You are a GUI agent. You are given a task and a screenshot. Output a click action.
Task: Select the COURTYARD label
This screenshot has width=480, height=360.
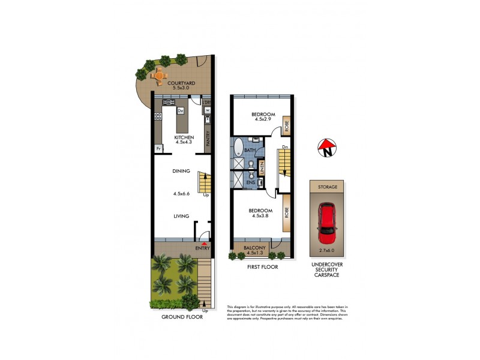179,83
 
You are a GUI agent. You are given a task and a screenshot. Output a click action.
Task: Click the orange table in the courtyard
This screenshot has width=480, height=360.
159,76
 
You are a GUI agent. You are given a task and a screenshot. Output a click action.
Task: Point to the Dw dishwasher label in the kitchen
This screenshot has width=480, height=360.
179,110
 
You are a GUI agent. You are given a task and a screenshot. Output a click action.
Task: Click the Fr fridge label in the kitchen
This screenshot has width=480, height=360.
159,148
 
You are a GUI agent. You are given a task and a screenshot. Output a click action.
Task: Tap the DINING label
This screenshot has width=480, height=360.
181,171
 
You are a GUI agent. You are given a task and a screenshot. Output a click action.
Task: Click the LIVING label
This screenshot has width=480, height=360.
181,216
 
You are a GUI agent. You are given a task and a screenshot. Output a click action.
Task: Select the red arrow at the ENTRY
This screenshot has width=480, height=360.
205,244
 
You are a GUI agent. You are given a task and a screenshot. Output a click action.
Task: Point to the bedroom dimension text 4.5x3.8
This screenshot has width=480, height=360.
263,216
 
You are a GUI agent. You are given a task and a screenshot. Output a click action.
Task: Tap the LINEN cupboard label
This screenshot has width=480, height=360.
262,167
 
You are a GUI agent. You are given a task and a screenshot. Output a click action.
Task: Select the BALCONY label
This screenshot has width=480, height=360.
255,246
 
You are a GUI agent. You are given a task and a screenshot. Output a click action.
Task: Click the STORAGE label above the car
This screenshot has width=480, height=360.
328,187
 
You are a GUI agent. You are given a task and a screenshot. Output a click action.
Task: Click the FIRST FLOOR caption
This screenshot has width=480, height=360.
262,267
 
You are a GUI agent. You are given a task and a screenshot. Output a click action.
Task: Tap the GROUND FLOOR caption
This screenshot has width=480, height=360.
182,317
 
